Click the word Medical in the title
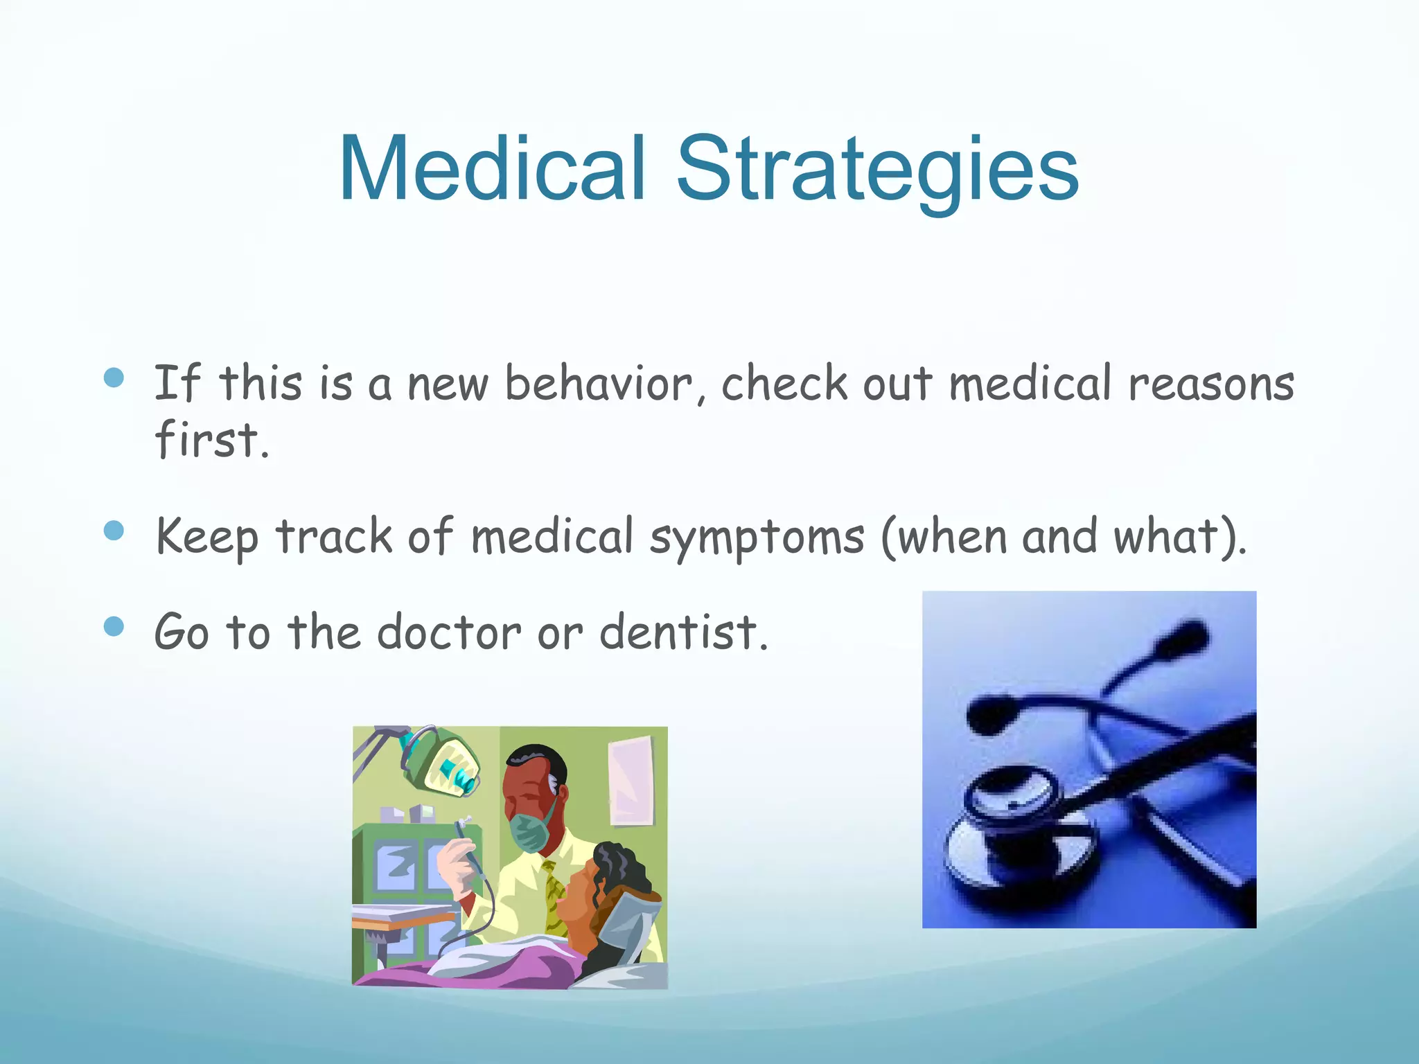[493, 170]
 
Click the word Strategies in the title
[876, 170]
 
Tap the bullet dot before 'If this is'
[114, 378]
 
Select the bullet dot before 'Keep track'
[114, 531]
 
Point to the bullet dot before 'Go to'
[114, 626]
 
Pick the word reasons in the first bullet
[1210, 384]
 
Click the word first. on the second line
[210, 439]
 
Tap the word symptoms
[757, 538]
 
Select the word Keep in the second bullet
[206, 538]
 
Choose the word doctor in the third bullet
[448, 632]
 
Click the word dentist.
[682, 632]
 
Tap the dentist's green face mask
[531, 831]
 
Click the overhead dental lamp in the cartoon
[443, 762]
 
